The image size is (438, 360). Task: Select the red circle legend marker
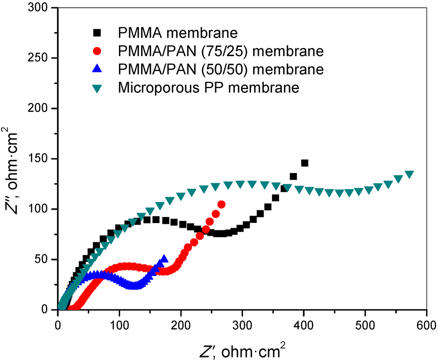point(98,51)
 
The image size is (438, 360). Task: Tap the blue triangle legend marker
point(98,69)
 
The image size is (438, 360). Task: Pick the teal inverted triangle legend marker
point(98,88)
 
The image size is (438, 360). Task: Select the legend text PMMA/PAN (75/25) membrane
point(220,51)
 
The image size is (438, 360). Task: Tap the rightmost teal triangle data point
point(409,174)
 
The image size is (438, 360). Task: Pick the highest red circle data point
point(221,205)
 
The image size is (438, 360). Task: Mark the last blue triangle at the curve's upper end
point(164,259)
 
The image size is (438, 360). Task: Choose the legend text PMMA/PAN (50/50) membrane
point(220,69)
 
